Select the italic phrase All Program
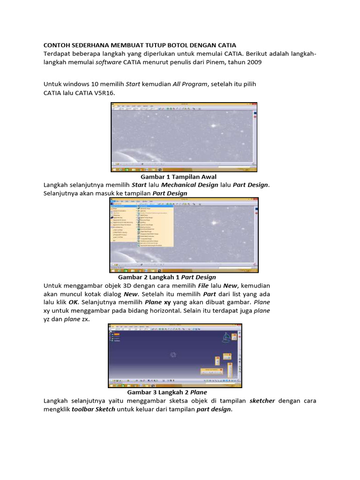click(190, 84)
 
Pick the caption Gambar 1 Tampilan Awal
click(179, 177)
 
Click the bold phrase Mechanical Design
click(191, 185)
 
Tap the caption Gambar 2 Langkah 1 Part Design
click(167, 277)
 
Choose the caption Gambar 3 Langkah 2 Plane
click(167, 392)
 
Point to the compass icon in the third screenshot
click(228, 336)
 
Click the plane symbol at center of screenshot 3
click(173, 354)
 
